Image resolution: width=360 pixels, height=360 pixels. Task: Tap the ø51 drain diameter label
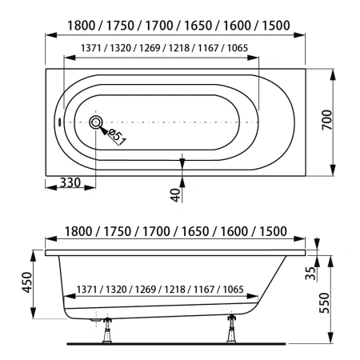click(116, 137)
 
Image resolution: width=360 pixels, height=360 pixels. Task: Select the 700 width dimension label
click(327, 120)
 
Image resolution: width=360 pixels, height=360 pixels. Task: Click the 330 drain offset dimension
click(70, 183)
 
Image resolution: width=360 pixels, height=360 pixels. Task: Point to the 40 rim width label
click(175, 194)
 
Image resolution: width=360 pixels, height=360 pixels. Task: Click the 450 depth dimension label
click(27, 282)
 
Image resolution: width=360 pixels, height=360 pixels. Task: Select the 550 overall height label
click(325, 303)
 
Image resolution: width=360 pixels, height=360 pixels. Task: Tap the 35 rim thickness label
click(310, 274)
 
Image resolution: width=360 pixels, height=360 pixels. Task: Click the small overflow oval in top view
click(59, 122)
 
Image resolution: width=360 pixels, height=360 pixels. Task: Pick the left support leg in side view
click(107, 330)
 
